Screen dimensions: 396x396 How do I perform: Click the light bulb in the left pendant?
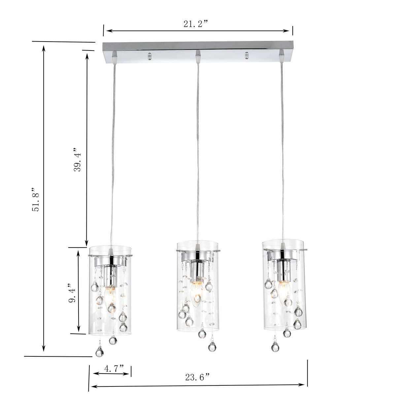point(110,297)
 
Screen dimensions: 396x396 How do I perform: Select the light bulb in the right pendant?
point(283,291)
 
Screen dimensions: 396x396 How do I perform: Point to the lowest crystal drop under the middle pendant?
point(212,346)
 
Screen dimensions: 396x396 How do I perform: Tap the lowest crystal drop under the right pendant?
point(275,346)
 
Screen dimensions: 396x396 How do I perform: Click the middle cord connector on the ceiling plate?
point(198,56)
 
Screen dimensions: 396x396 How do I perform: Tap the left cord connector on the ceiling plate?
point(114,57)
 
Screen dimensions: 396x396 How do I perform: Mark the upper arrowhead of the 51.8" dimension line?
point(44,48)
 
